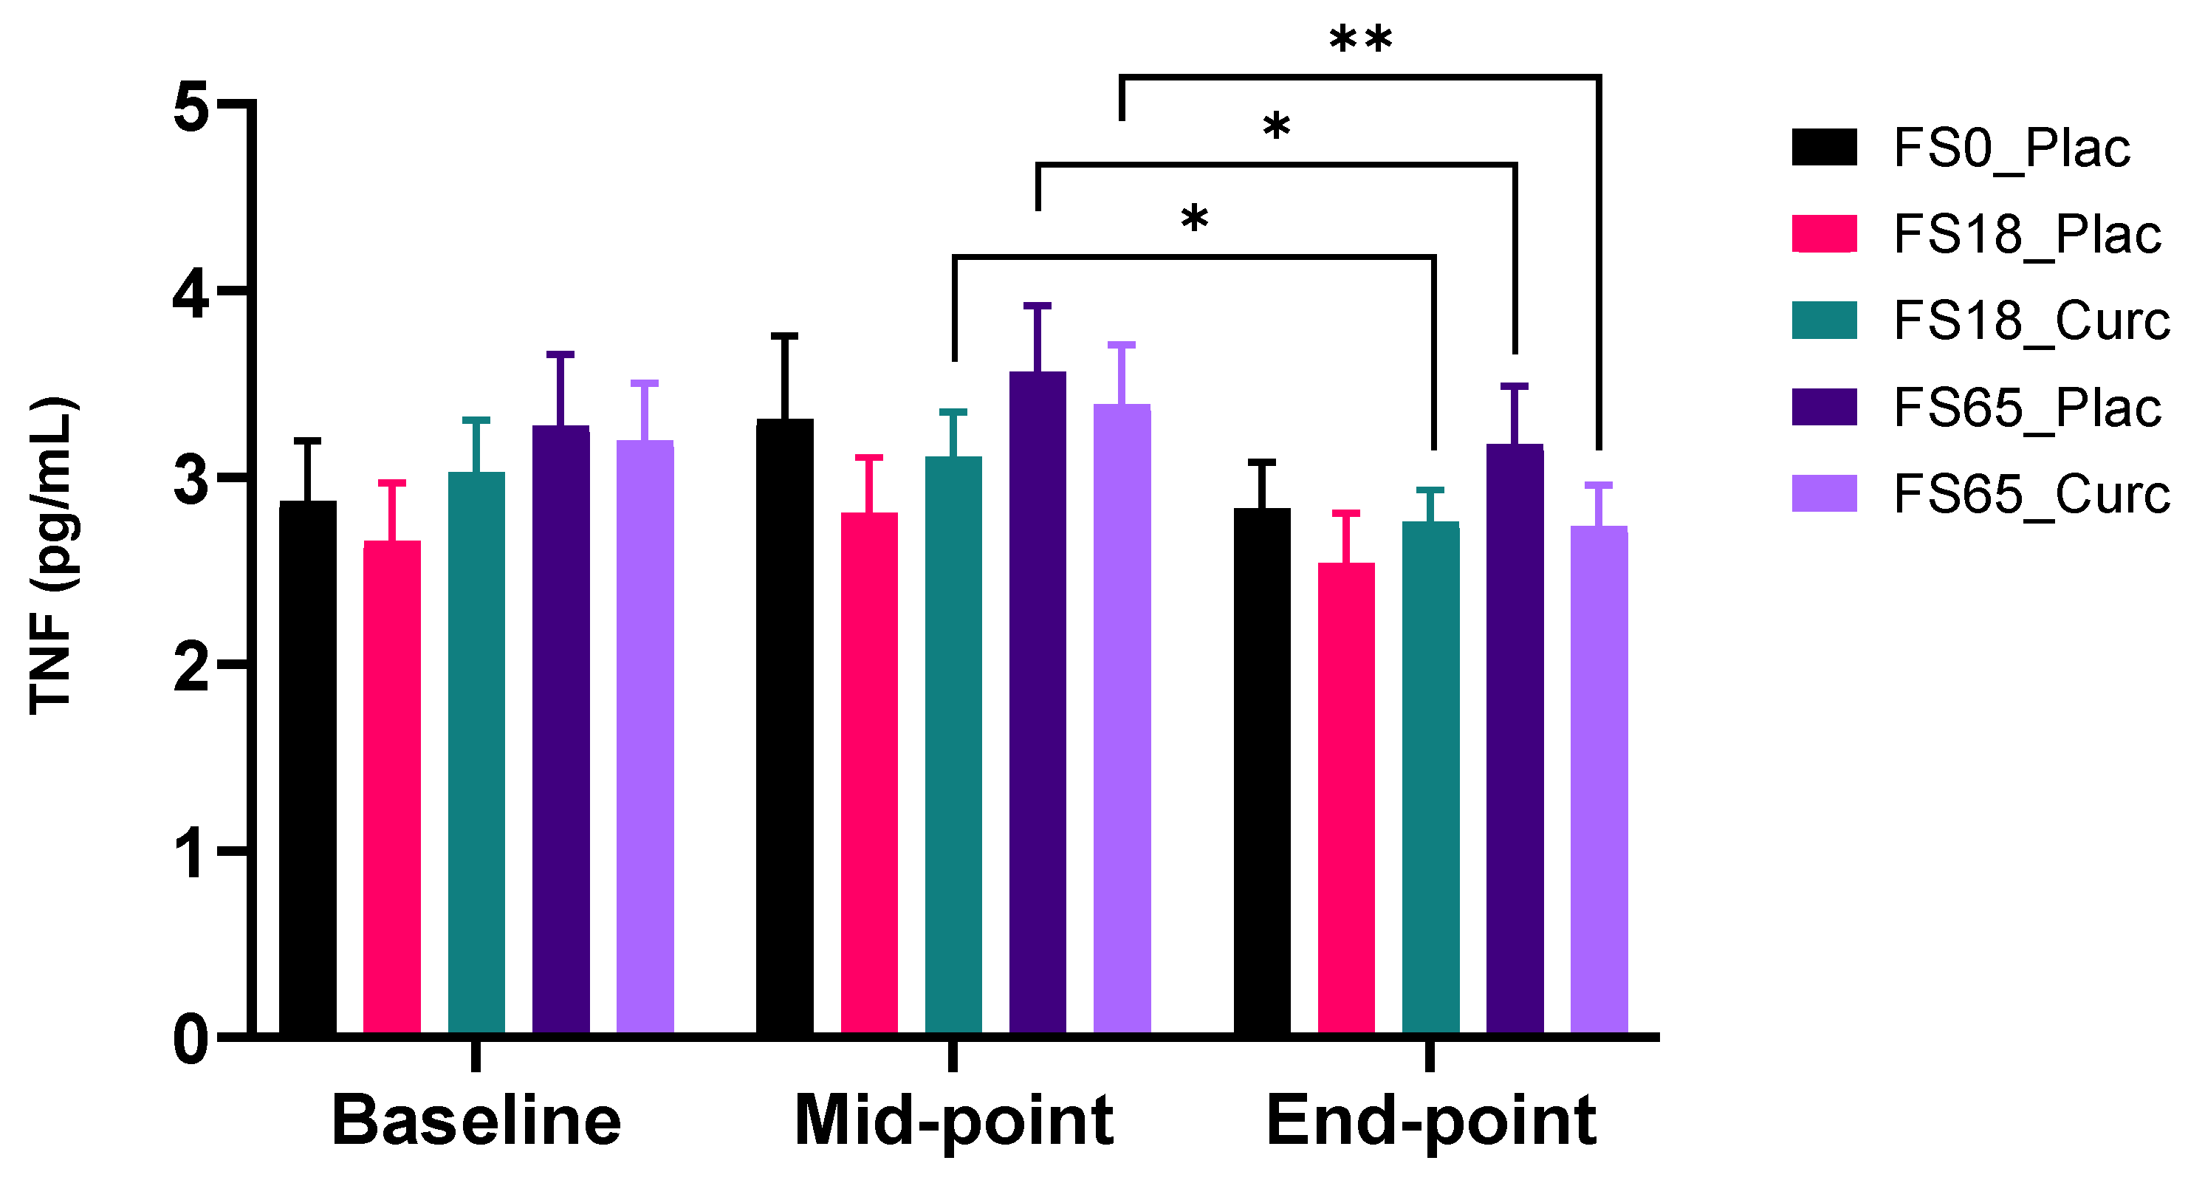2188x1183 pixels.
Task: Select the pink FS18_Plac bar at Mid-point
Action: pyautogui.click(x=869, y=773)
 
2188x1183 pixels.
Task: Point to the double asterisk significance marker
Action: pyautogui.click(x=1361, y=40)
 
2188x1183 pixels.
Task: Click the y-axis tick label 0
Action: pyautogui.click(x=191, y=1040)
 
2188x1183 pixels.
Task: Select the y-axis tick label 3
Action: pyautogui.click(x=191, y=480)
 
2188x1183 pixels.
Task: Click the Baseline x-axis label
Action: pyautogui.click(x=476, y=1121)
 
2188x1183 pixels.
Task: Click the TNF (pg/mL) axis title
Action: pyautogui.click(x=52, y=556)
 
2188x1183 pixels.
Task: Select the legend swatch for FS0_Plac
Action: pyautogui.click(x=1824, y=147)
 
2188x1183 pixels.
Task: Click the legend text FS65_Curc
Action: pyautogui.click(x=2030, y=493)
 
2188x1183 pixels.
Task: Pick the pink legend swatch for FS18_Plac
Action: pyautogui.click(x=1824, y=233)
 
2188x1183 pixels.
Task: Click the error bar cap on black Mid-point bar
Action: pyautogui.click(x=785, y=336)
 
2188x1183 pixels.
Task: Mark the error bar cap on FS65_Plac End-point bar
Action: pyautogui.click(x=1515, y=386)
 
